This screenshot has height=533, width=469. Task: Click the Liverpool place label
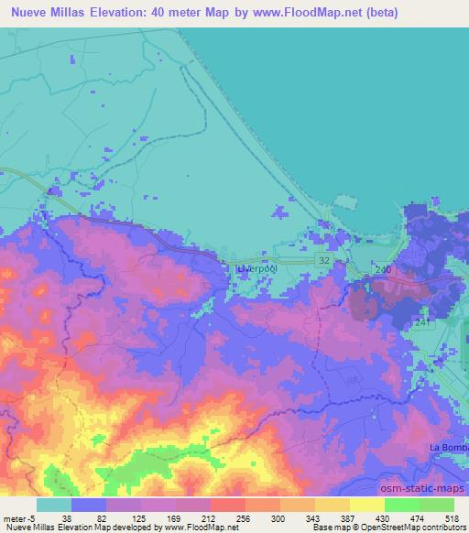256,269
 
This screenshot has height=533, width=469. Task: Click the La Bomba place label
445,446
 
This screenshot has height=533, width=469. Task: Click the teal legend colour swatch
54,505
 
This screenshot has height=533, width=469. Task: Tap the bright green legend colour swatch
402,505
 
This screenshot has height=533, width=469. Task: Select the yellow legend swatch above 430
367,505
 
